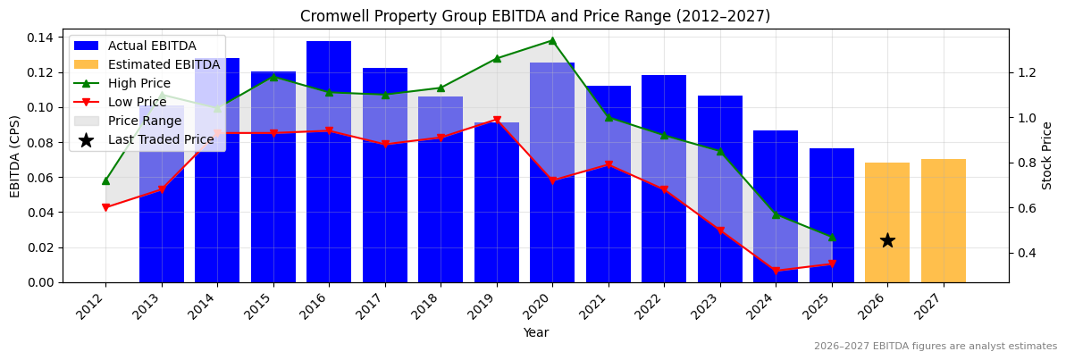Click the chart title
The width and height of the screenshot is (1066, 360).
tap(534, 16)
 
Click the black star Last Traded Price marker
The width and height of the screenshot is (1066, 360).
tap(887, 240)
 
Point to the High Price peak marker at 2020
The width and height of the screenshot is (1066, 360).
tap(552, 40)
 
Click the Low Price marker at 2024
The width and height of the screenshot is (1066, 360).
tap(776, 271)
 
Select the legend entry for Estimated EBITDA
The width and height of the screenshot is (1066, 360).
tap(164, 64)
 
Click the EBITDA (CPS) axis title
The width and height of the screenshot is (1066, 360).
tap(15, 156)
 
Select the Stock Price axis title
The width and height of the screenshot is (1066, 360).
tap(1047, 156)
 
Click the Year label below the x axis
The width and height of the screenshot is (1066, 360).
tap(535, 332)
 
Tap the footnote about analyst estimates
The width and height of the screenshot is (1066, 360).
tap(935, 347)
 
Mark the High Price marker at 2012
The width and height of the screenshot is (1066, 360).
tap(105, 180)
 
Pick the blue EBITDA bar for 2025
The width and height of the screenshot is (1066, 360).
tap(831, 215)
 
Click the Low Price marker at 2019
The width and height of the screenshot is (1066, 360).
tap(497, 120)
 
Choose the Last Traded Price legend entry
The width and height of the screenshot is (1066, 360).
tap(161, 139)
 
